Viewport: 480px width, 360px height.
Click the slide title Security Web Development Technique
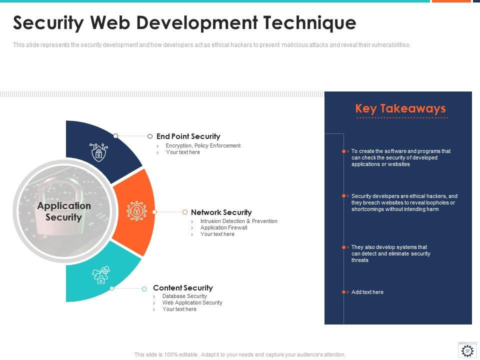184,23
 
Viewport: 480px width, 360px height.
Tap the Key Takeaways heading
400,108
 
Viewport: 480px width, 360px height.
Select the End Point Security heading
188,136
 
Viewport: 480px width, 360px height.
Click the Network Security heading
221,212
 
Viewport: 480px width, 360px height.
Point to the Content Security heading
182,287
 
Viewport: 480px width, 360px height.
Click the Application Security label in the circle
64,211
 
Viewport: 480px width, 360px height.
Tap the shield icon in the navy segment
98,152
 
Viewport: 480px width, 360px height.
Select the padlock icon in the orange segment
136,211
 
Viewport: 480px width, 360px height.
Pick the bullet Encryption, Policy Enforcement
203,145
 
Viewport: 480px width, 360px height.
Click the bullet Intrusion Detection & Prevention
238,221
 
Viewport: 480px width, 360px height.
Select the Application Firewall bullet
223,227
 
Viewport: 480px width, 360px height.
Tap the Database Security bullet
184,296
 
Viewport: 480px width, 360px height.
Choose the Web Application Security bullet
192,302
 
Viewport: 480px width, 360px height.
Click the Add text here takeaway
367,292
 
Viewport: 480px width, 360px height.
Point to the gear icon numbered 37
467,350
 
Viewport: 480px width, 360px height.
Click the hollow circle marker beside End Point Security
150,136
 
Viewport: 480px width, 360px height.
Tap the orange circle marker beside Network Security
185,212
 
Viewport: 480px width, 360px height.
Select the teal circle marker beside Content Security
144,288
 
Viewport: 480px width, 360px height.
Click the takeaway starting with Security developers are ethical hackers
404,202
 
